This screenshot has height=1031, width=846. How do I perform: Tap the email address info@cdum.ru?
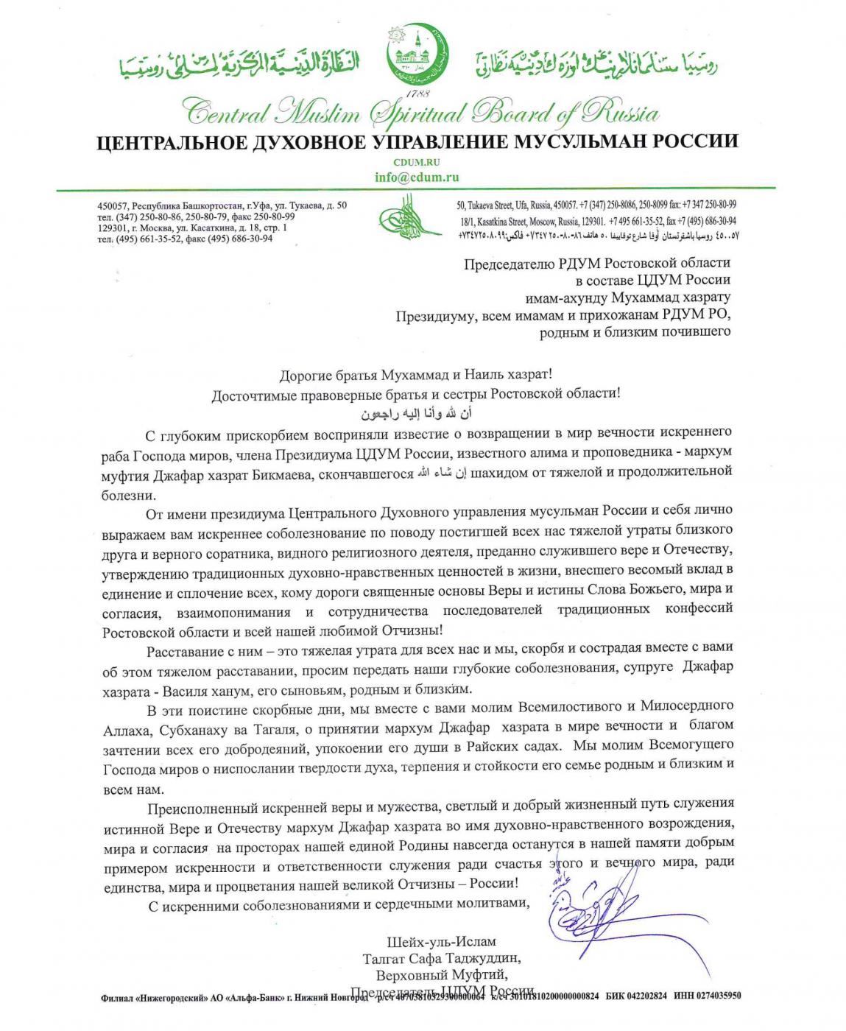click(416, 177)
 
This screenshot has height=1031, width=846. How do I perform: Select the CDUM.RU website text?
click(417, 163)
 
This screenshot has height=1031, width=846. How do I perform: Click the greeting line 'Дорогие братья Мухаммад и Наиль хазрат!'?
click(416, 376)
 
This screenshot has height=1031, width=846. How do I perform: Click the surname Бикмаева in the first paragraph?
click(287, 474)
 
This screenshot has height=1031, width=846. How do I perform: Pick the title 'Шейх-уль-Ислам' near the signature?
click(442, 942)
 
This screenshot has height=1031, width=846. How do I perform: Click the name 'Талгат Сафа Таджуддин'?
click(442, 959)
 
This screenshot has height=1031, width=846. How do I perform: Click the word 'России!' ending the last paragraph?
click(493, 884)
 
